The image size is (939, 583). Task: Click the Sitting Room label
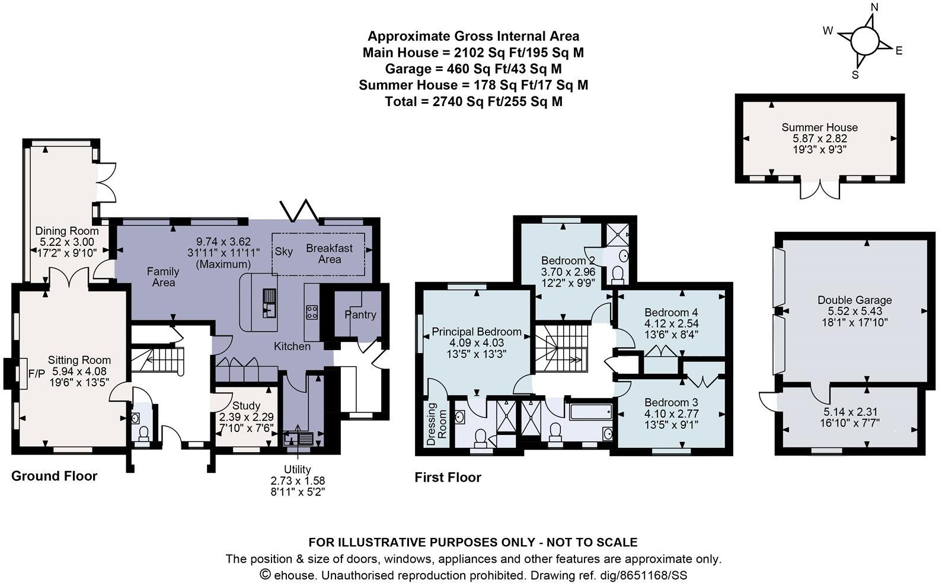pyautogui.click(x=79, y=360)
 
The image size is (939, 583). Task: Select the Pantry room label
pyautogui.click(x=360, y=315)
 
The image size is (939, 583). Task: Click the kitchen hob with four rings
pyautogui.click(x=312, y=312)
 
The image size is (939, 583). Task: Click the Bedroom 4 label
pyautogui.click(x=671, y=312)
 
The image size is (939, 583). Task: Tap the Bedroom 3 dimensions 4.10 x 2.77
pyautogui.click(x=671, y=414)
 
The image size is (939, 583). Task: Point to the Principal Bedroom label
pyautogui.click(x=477, y=332)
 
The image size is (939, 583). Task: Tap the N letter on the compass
pyautogui.click(x=874, y=7)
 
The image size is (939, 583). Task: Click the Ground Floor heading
pyautogui.click(x=55, y=476)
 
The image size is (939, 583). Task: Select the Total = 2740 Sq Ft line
pyautogui.click(x=473, y=101)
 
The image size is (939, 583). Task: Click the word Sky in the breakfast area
pyautogui.click(x=284, y=251)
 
